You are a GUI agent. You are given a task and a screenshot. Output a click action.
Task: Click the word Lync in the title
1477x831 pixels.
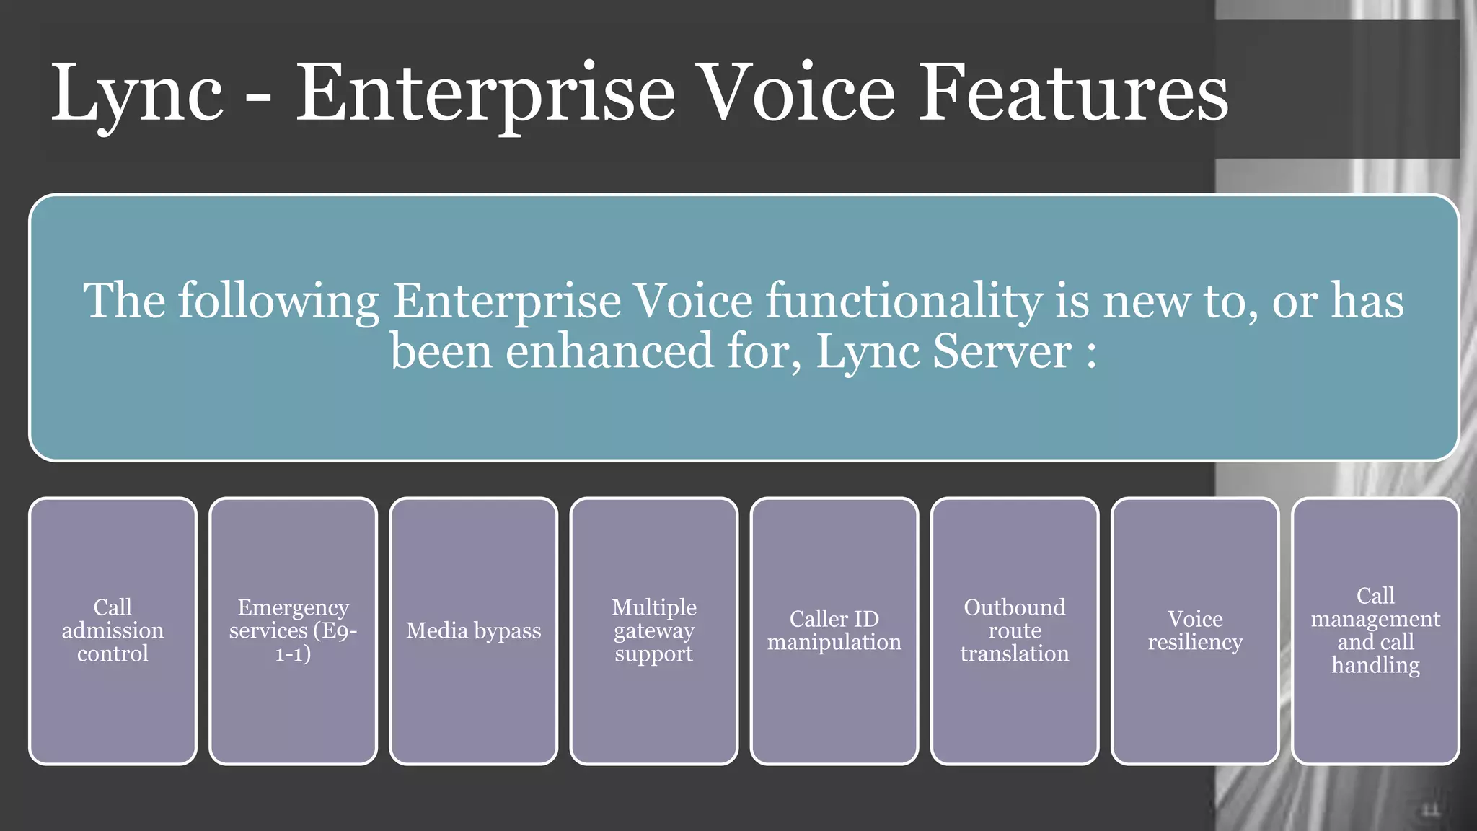(137, 94)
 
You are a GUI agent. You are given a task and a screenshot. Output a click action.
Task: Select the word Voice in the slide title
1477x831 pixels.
(798, 94)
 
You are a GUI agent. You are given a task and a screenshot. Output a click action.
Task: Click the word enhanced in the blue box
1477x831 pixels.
(610, 351)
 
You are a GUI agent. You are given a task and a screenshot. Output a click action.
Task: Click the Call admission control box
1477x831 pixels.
(113, 630)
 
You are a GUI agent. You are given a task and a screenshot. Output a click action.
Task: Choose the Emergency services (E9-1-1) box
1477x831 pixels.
(293, 630)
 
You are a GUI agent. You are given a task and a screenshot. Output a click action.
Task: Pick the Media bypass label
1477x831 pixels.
(473, 630)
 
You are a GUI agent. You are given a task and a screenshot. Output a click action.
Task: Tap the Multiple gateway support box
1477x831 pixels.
(654, 630)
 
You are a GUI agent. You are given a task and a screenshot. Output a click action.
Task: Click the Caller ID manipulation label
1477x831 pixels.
(834, 630)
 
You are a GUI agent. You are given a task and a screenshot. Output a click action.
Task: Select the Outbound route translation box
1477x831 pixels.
(1015, 630)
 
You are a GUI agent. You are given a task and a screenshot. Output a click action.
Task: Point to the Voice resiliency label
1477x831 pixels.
(1195, 630)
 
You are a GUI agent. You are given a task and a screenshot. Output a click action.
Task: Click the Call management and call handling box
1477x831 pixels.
(1375, 630)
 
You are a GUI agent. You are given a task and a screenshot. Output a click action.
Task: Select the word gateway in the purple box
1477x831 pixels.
(654, 631)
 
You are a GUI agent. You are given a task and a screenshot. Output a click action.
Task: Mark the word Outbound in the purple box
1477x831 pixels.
(1015, 607)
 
